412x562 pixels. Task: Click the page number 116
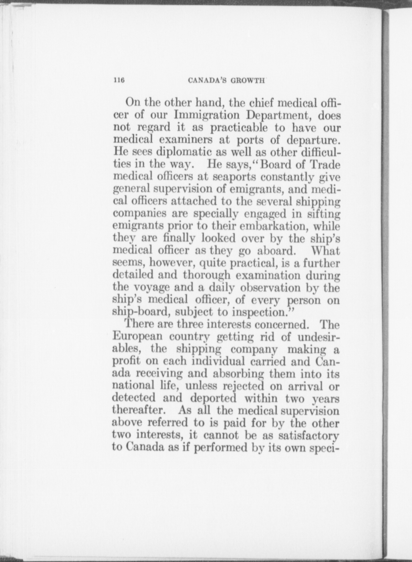[x=119, y=80]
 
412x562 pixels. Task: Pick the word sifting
[x=324, y=214]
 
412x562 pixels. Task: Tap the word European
[x=138, y=337]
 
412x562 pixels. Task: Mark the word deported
[x=213, y=398]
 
